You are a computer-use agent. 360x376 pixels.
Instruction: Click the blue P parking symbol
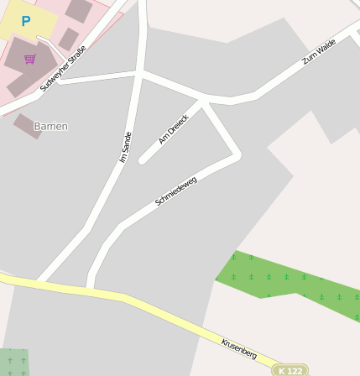(x=26, y=21)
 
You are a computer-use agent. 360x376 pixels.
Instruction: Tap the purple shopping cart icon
(x=30, y=59)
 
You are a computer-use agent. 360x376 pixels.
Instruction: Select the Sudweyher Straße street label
(x=64, y=68)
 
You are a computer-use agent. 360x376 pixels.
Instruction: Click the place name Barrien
(x=50, y=126)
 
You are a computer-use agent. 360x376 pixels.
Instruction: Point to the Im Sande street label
(x=126, y=147)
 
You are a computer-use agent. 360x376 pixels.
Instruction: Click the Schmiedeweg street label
(x=176, y=191)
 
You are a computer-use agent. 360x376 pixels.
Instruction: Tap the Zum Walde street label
(x=319, y=50)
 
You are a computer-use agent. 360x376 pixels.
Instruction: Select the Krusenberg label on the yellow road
(x=238, y=347)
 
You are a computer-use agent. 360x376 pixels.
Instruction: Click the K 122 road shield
(x=290, y=370)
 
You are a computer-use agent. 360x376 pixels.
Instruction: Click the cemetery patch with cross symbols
(x=13, y=362)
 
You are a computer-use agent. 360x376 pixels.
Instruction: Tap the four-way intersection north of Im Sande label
(x=139, y=75)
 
